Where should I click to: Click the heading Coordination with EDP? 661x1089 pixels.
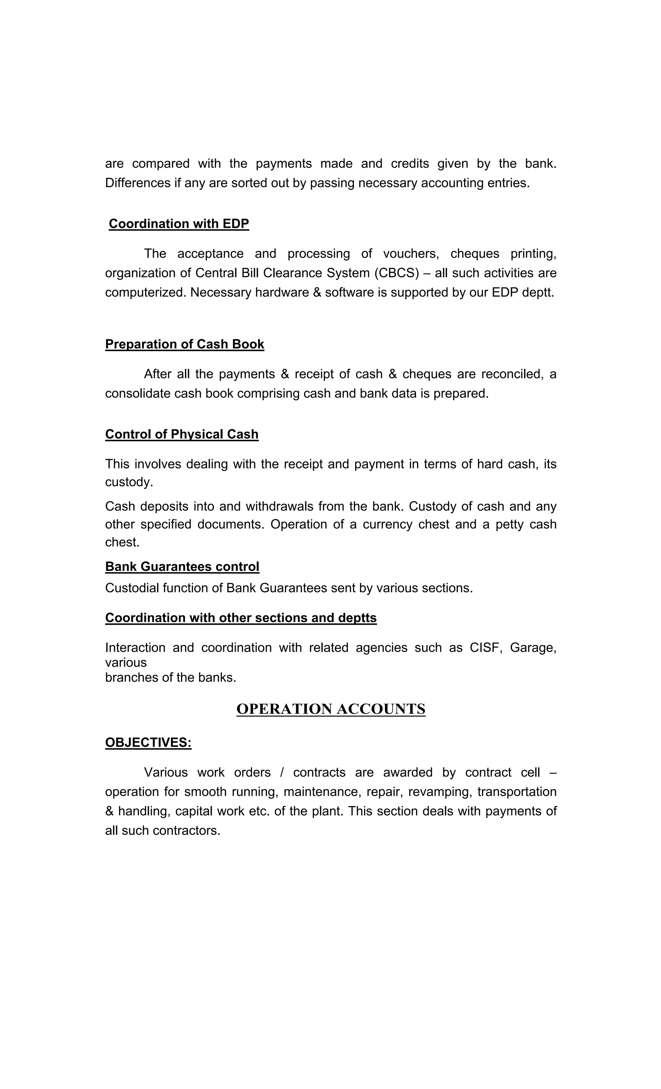point(178,224)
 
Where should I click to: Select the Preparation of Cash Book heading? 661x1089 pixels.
point(184,344)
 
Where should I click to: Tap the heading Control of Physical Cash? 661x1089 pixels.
point(182,434)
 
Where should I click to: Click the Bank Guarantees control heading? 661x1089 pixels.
point(182,566)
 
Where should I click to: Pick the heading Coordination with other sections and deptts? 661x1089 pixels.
point(240,618)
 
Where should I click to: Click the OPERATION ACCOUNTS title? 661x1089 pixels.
point(331,709)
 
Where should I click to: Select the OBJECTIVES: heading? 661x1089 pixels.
point(148,742)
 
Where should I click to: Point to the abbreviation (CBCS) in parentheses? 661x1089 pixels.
point(396,273)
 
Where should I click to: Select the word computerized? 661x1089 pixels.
point(146,293)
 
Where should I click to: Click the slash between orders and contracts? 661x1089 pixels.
point(282,772)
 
